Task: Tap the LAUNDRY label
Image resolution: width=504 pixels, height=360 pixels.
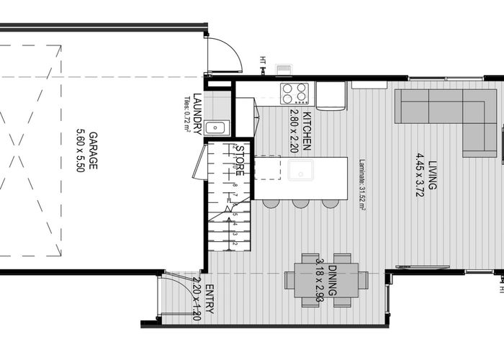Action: pyautogui.click(x=197, y=115)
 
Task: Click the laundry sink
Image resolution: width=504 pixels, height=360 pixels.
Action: pyautogui.click(x=215, y=128)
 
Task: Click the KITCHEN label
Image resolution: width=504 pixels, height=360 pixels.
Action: pyautogui.click(x=306, y=131)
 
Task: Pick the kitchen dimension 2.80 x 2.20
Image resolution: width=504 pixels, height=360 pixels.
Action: pyautogui.click(x=294, y=131)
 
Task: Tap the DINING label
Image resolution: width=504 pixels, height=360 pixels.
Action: pyautogui.click(x=333, y=280)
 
